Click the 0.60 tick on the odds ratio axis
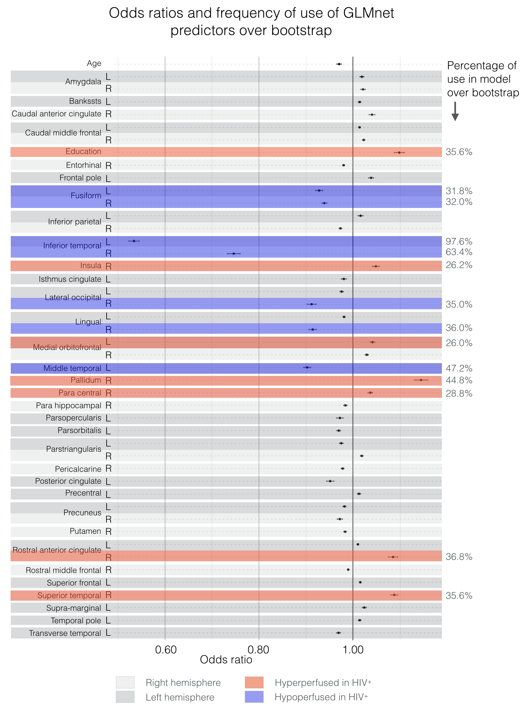166,650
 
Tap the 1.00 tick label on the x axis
353,650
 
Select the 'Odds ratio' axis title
226,659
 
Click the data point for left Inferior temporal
134,241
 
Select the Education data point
399,153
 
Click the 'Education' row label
83,151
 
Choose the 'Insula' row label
91,266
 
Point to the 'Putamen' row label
85,531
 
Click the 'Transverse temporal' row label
65,633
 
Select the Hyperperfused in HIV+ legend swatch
254,682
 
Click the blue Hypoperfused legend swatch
254,697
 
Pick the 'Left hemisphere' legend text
180,697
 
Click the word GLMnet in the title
369,13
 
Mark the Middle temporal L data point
307,367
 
